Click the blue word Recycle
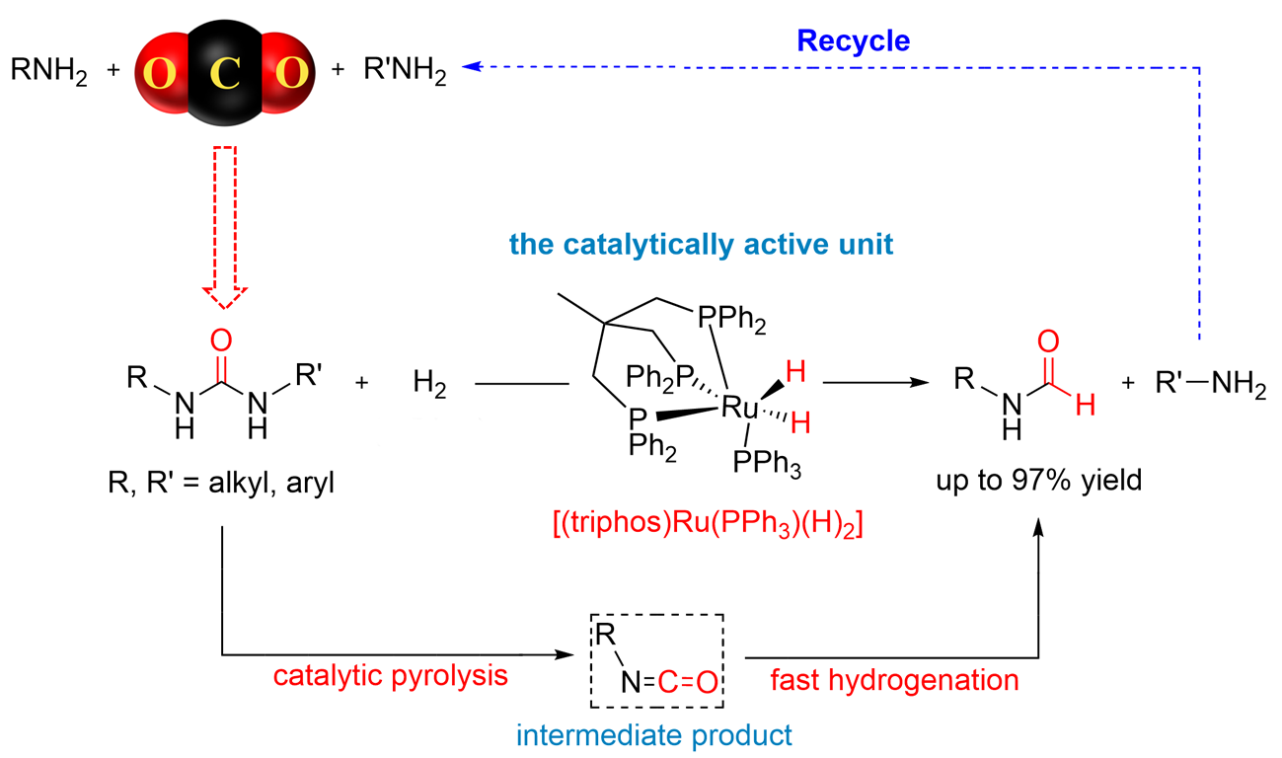click(853, 41)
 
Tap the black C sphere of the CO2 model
click(225, 73)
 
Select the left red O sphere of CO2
click(160, 73)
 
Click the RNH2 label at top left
click(48, 71)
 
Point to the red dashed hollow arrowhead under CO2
click(225, 296)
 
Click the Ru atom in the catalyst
click(739, 407)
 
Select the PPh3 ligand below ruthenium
click(767, 463)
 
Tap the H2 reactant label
click(429, 383)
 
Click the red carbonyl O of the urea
click(221, 341)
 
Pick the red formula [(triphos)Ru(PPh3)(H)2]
click(708, 523)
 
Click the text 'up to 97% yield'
click(1039, 480)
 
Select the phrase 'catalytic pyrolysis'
click(390, 675)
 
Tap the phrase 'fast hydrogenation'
click(894, 681)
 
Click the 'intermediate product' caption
click(654, 735)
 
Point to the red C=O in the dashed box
click(687, 682)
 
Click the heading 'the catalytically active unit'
click(701, 245)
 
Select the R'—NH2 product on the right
click(1211, 382)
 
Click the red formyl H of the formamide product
click(1086, 406)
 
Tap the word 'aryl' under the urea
click(310, 483)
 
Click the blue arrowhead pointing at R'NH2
click(471, 66)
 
